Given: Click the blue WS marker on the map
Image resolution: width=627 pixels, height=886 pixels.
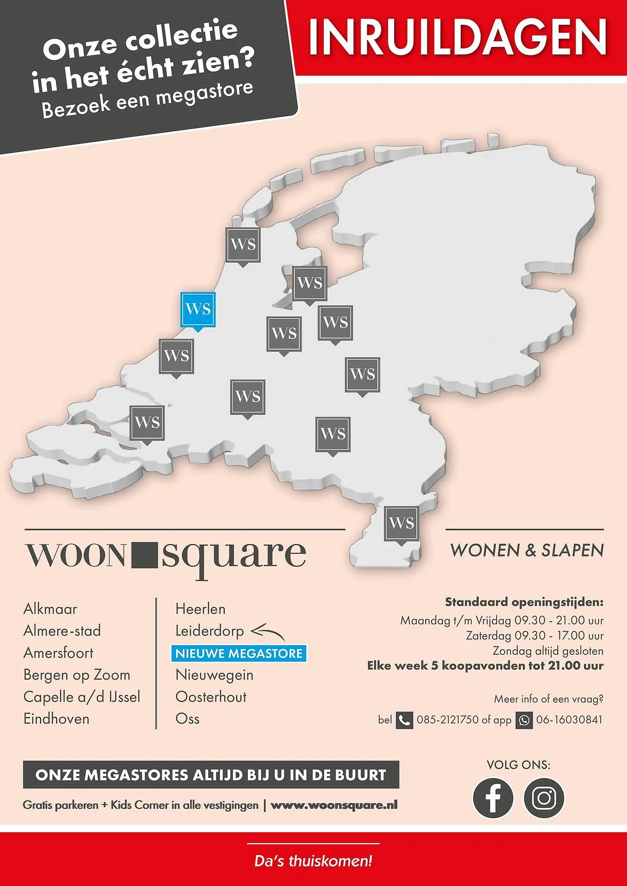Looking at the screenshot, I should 198,309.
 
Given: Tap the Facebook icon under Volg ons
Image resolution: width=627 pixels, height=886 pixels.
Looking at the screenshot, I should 493,797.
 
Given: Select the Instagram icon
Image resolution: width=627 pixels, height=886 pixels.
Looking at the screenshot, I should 544,797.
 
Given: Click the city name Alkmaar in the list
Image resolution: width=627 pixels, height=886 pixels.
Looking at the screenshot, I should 50,609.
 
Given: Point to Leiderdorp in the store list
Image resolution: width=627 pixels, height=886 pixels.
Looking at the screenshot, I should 209,631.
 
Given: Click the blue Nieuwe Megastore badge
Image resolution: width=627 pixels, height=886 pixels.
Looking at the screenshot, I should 239,653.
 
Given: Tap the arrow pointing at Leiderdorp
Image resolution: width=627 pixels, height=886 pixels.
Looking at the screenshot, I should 267,632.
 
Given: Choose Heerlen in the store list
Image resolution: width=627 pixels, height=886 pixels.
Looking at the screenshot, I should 200,609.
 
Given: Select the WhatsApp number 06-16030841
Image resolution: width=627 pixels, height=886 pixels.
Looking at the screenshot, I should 569,720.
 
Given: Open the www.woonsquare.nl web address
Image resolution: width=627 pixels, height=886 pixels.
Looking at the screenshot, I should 334,805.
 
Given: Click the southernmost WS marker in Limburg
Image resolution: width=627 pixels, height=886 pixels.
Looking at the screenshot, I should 401,524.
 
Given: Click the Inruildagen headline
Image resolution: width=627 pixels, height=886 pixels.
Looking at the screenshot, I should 458,37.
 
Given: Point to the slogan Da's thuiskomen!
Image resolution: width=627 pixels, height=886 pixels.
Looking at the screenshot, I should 313,861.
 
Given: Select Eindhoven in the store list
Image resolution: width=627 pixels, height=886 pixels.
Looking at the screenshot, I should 56,719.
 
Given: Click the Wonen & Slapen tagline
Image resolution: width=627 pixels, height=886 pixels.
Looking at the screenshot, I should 527,550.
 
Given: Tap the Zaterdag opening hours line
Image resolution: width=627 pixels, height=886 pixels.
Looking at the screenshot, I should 534,636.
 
